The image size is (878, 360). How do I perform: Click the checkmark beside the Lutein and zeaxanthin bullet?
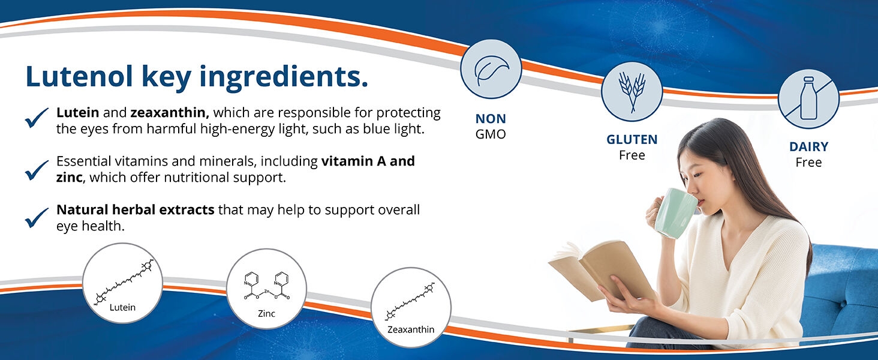[x=37, y=118]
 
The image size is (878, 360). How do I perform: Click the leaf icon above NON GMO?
[x=491, y=69]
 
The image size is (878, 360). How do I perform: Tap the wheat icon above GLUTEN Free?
[x=631, y=92]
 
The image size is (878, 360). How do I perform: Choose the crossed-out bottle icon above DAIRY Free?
[x=808, y=98]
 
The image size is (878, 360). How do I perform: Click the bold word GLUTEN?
[x=632, y=140]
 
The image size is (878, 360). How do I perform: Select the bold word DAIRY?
[x=808, y=147]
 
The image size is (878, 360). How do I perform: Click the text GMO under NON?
[x=491, y=134]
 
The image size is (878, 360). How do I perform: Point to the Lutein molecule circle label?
[x=122, y=307]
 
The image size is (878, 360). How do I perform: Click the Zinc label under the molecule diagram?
[x=266, y=314]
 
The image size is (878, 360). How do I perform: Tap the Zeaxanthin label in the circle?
[x=410, y=329]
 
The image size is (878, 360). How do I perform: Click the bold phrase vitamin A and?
[x=368, y=161]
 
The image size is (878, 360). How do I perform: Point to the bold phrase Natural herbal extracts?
[x=135, y=210]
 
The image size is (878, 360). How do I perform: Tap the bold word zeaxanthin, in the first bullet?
[x=170, y=112]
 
